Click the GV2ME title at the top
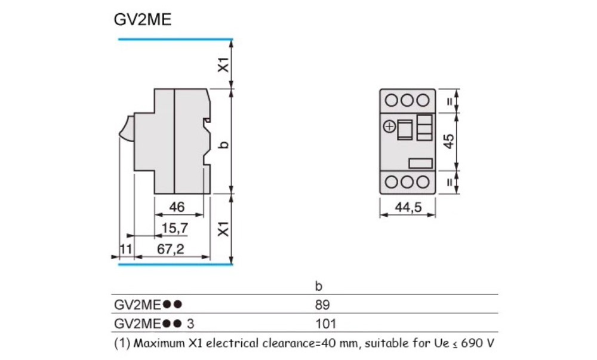(143, 20)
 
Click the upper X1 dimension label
(222, 64)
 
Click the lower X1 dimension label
(222, 228)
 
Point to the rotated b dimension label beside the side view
(223, 144)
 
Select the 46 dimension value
(176, 207)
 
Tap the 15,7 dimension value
(176, 227)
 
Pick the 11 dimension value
(125, 249)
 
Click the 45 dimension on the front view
(449, 141)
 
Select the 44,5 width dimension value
(409, 208)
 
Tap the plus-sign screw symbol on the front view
(389, 127)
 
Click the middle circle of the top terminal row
(408, 100)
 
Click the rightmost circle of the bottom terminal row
(423, 182)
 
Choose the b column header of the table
(318, 286)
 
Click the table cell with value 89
(322, 304)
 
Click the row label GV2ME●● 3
(154, 324)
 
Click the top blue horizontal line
(175, 39)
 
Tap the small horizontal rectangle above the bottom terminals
(420, 162)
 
